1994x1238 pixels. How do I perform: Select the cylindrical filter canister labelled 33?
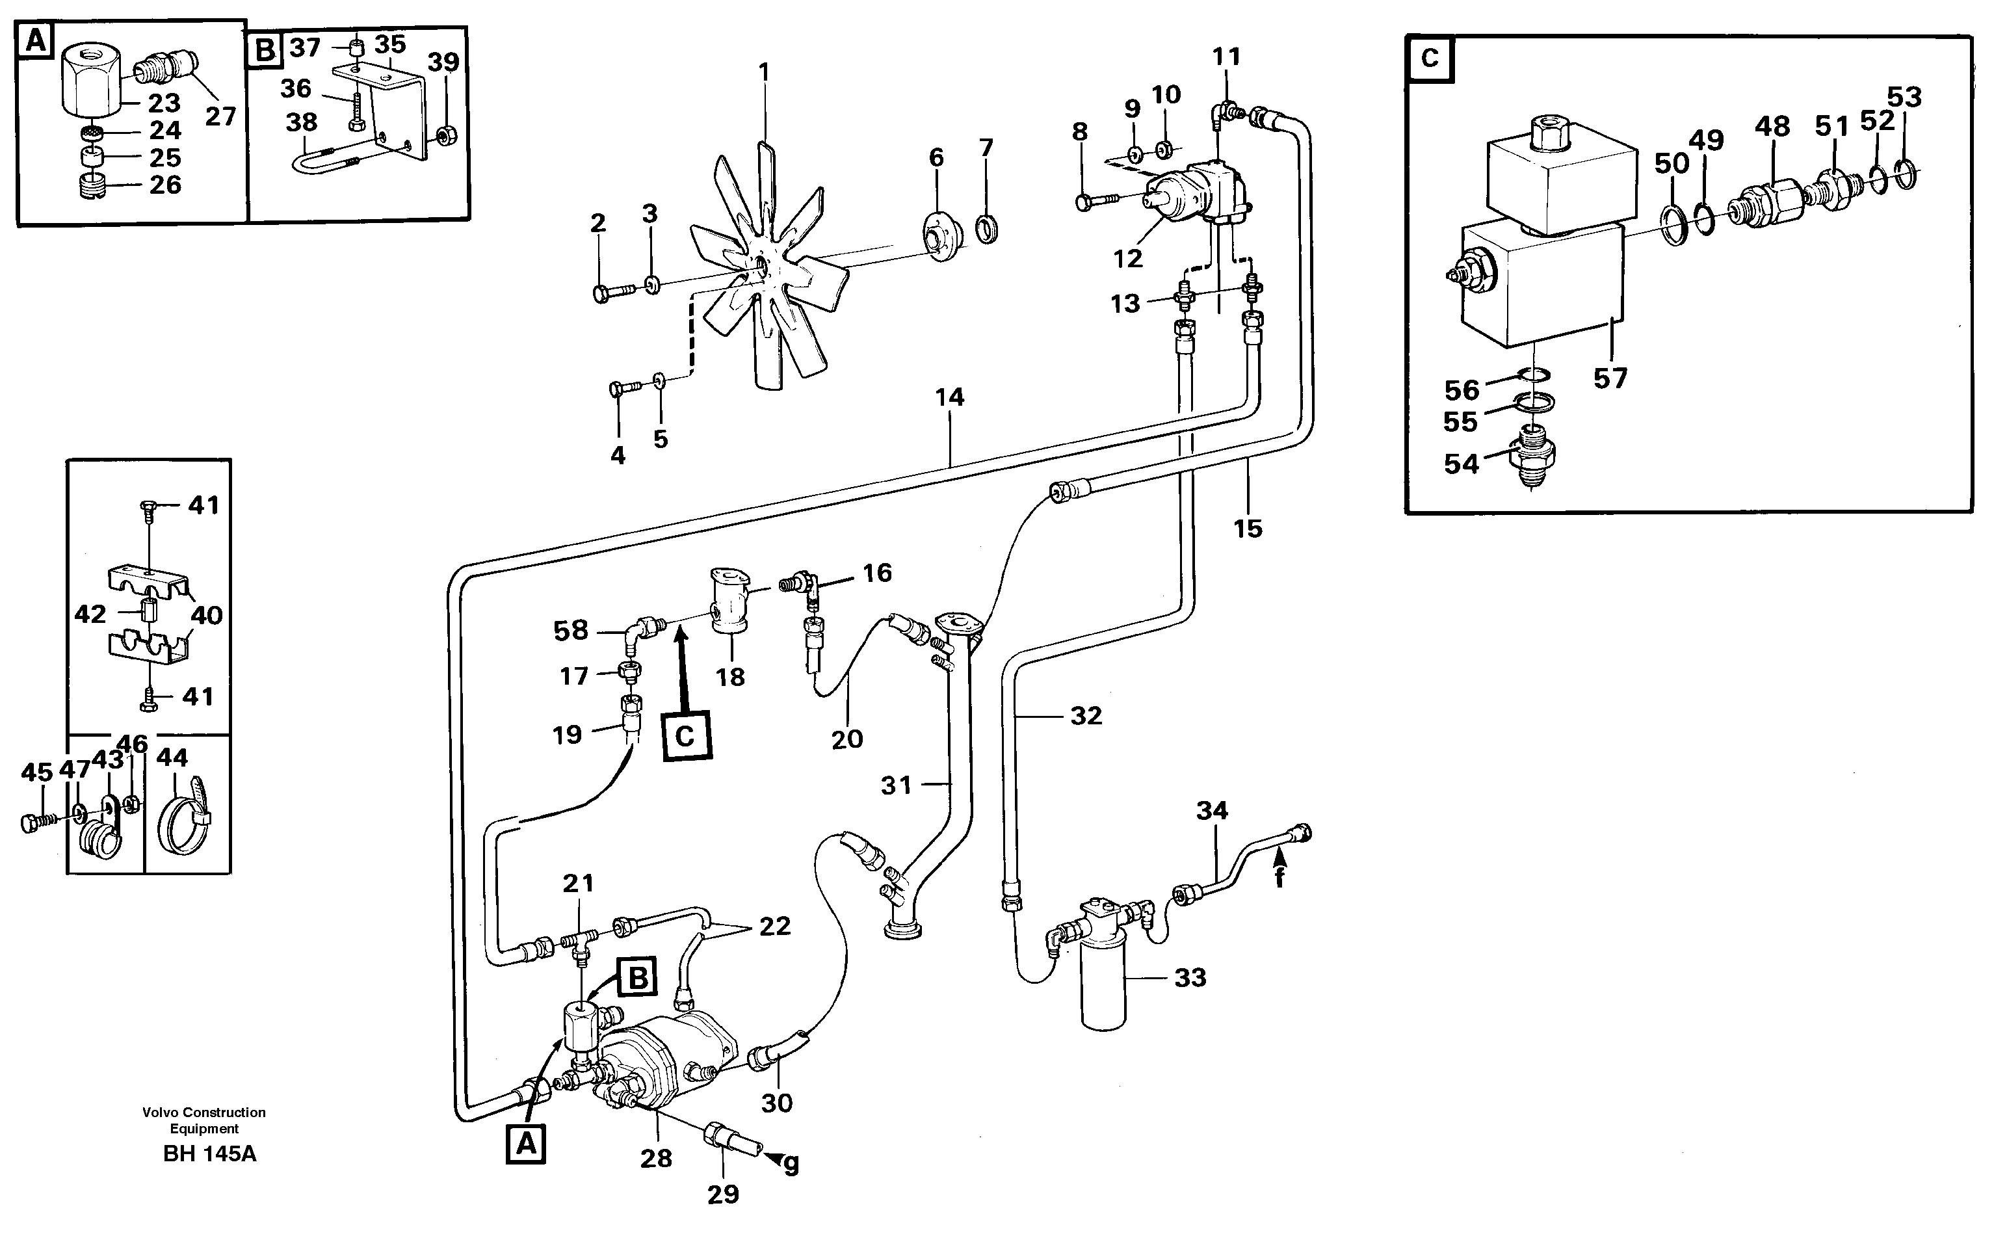(1103, 991)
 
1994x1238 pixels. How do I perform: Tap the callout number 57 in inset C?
(1610, 378)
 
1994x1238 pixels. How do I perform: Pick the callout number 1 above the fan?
(764, 72)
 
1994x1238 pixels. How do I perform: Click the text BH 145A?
(209, 1153)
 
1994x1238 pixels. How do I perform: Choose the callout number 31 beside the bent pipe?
(897, 785)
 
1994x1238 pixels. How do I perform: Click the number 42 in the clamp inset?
(90, 613)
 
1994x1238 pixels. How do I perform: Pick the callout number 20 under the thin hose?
(847, 739)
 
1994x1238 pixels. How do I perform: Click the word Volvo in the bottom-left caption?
(161, 1112)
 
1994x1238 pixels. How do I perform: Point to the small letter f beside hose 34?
(1279, 877)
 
